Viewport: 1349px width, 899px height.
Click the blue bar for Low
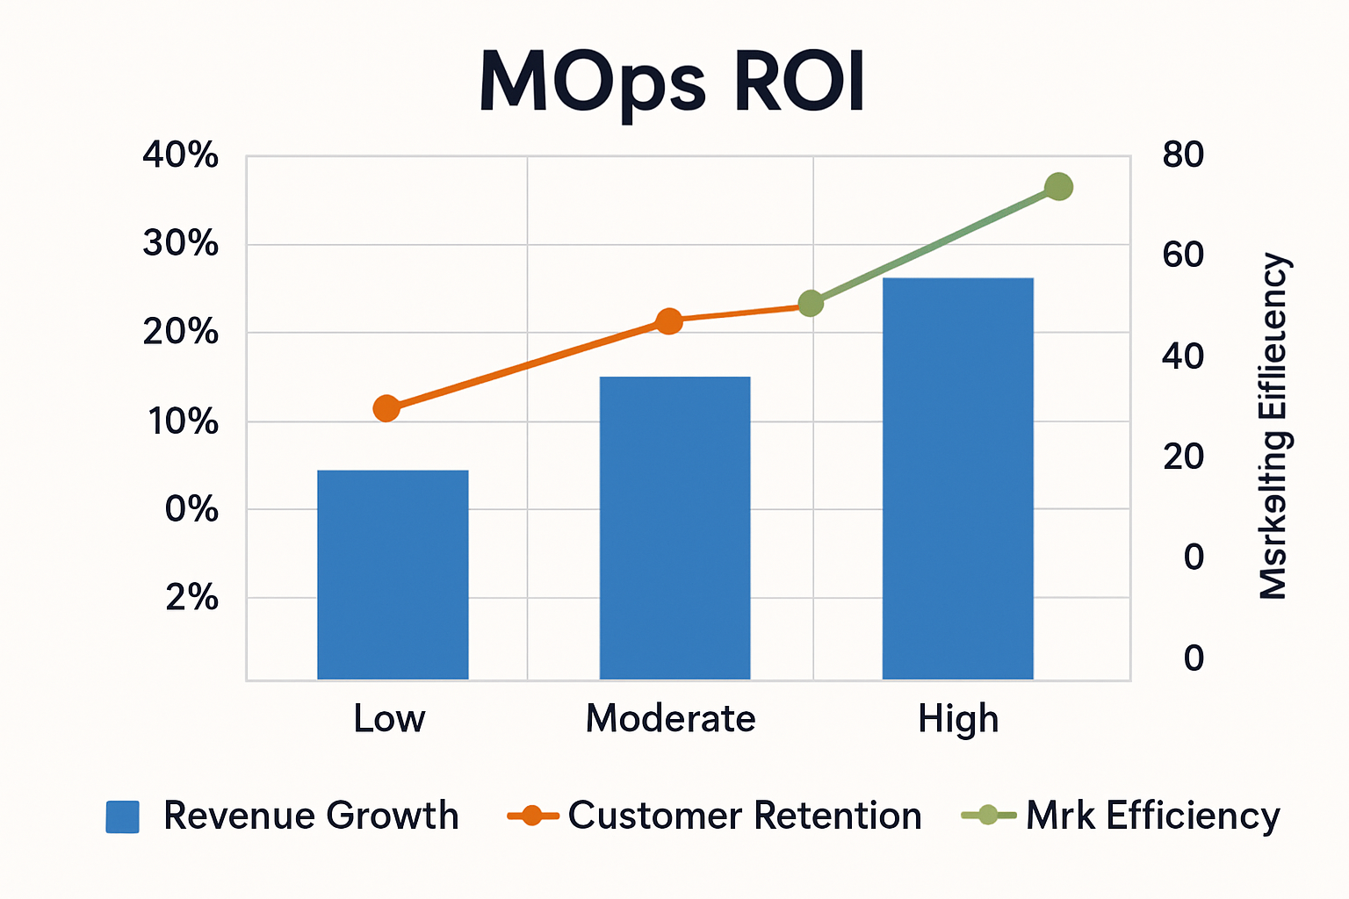point(393,574)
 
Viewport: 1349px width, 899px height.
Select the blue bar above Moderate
point(674,528)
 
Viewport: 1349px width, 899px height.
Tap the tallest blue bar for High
point(957,478)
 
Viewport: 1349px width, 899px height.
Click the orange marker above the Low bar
point(386,408)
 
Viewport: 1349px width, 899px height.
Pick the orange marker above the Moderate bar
point(669,321)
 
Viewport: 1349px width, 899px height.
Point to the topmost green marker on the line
point(1059,187)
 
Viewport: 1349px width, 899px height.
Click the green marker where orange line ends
point(811,304)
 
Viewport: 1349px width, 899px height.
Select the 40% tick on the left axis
point(181,156)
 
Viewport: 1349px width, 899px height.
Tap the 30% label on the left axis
point(181,243)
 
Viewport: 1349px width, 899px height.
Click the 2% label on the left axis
point(191,598)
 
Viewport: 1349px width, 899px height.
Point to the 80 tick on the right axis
point(1183,155)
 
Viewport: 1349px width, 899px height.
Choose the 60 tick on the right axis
point(1183,255)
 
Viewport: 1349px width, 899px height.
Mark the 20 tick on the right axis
point(1183,457)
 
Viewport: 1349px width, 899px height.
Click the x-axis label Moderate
point(670,719)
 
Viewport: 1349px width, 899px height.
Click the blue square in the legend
point(123,816)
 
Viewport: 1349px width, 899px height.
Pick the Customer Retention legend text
point(745,816)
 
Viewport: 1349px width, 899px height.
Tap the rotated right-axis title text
point(1273,427)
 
